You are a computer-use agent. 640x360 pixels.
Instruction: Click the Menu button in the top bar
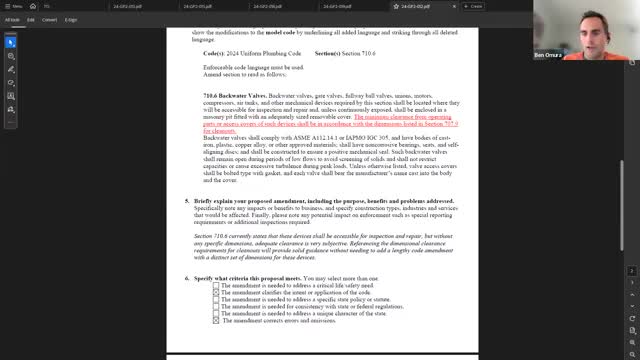14,6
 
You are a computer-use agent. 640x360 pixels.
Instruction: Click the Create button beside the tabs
473,6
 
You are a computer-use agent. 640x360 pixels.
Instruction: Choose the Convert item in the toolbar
48,19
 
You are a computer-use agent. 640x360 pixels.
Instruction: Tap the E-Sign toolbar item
71,19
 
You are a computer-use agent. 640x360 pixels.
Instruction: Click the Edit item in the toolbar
31,19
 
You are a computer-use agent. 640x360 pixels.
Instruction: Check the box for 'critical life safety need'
217,285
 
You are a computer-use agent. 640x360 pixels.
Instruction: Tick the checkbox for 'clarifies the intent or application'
217,292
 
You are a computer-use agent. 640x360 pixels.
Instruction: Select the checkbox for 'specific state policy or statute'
217,299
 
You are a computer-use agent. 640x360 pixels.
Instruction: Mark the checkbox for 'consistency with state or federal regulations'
217,306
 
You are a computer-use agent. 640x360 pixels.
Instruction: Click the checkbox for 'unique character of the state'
217,313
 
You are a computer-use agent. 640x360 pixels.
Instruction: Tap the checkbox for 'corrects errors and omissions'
217,320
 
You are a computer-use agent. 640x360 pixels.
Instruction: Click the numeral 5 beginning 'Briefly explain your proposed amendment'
186,201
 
